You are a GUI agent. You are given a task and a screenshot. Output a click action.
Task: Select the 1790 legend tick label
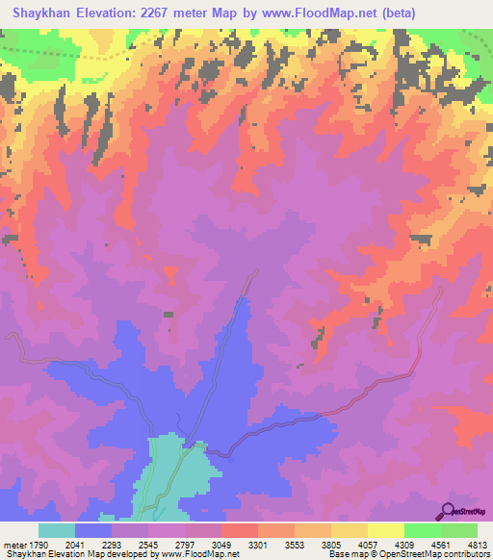click(38, 544)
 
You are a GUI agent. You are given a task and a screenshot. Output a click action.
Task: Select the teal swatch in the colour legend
click(57, 530)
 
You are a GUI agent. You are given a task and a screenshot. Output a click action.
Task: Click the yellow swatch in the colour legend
click(385, 530)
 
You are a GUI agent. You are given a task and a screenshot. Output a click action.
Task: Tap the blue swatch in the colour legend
click(93, 530)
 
